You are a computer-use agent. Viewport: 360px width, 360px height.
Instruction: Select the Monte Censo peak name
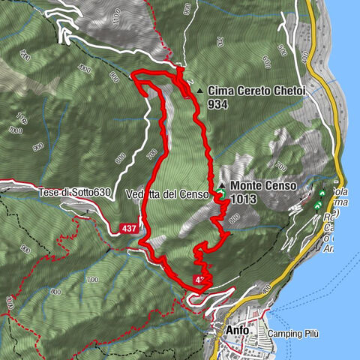click(263, 184)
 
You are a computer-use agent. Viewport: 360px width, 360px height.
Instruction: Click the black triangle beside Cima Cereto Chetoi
click(199, 91)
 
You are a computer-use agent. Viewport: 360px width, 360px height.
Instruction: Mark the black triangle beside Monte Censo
click(222, 184)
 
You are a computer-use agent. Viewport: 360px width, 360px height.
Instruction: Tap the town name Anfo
click(235, 329)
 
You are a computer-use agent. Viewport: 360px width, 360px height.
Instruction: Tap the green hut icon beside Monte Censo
click(223, 195)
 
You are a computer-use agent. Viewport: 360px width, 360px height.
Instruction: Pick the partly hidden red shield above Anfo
click(199, 280)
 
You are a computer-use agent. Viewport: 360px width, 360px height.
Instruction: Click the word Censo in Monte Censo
click(281, 184)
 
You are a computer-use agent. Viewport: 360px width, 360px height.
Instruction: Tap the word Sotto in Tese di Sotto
click(82, 193)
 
